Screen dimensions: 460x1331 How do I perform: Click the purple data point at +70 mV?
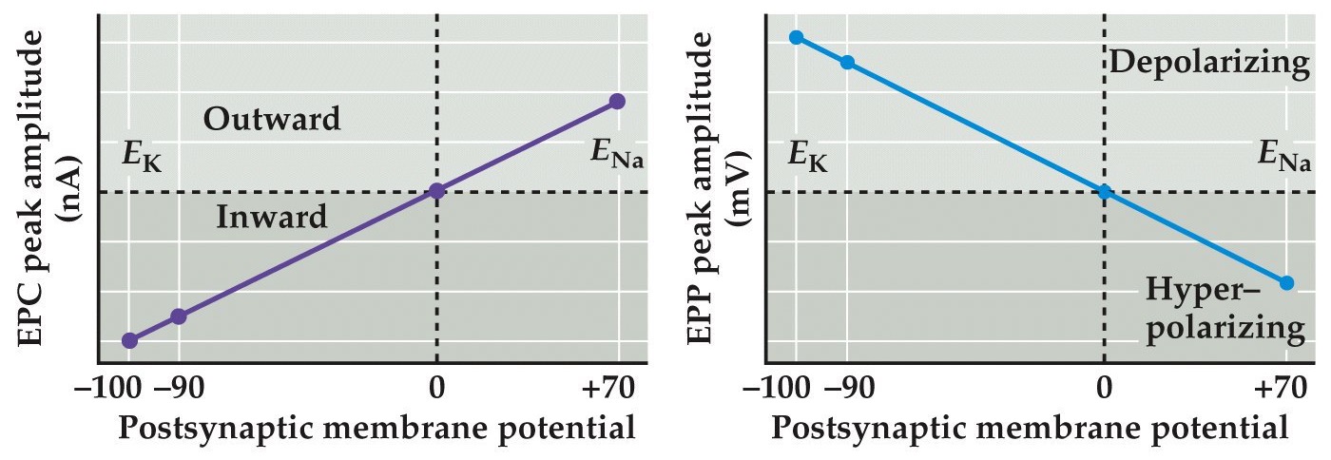617,101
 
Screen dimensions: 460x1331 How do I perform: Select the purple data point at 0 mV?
436,191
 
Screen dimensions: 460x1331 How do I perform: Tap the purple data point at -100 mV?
130,340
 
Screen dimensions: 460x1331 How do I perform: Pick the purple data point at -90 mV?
178,316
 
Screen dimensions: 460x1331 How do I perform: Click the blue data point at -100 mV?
797,37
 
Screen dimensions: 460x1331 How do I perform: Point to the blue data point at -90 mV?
847,63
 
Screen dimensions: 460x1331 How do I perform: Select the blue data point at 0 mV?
1104,191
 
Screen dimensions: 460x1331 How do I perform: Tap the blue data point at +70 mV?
1287,282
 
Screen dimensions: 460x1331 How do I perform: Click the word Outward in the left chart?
272,120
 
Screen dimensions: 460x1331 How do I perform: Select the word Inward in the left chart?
272,217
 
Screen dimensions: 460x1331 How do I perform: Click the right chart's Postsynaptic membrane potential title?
1030,429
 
